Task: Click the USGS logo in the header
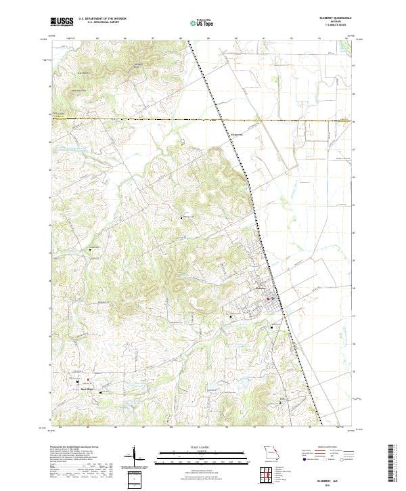point(62,22)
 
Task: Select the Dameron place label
point(237,133)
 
